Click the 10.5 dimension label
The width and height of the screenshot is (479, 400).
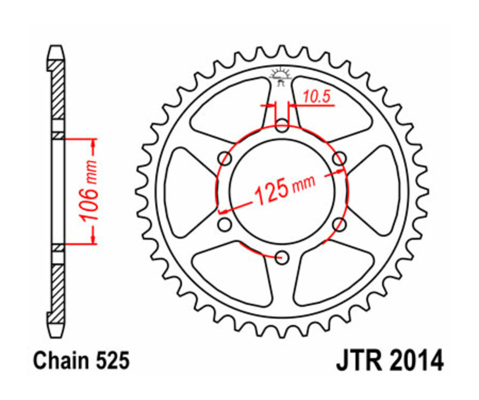pyautogui.click(x=318, y=96)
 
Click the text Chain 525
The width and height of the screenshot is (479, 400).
pyautogui.click(x=81, y=361)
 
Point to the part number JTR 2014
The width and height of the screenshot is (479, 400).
pyautogui.click(x=389, y=361)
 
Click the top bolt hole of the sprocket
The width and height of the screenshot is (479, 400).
pyautogui.click(x=283, y=126)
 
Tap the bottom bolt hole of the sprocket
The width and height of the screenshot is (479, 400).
pyautogui.click(x=283, y=258)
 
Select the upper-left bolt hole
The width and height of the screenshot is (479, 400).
pyautogui.click(x=226, y=159)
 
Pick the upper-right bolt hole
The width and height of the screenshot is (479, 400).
pyautogui.click(x=340, y=159)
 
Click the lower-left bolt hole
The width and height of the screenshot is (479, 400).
pyautogui.click(x=226, y=224)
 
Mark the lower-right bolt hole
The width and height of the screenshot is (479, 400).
pyautogui.click(x=339, y=224)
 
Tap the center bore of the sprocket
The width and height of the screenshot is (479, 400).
pyautogui.click(x=283, y=191)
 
